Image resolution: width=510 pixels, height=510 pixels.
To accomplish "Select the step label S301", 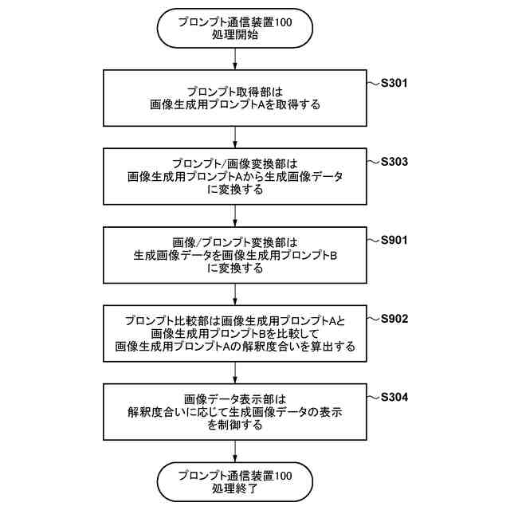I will pyautogui.click(x=395, y=83).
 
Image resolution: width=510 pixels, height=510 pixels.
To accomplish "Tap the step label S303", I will pyautogui.click(x=395, y=162).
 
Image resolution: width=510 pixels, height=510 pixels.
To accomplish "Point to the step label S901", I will pyautogui.click(x=395, y=240).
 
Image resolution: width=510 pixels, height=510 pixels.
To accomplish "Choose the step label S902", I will pyautogui.click(x=395, y=319).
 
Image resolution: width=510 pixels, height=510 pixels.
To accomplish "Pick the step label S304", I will pyautogui.click(x=395, y=397).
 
